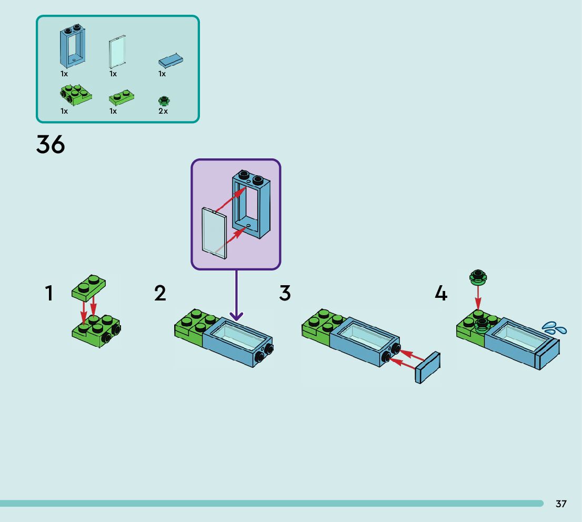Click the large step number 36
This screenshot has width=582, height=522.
pos(51,144)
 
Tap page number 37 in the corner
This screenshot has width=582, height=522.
pos(561,504)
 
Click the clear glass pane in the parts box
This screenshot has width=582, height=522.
pos(117,51)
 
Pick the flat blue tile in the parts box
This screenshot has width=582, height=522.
pos(171,61)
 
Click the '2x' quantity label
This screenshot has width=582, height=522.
pos(163,111)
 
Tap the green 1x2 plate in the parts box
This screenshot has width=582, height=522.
pos(121,98)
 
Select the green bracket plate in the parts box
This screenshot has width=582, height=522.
pos(75,94)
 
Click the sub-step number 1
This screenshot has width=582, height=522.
pos(49,294)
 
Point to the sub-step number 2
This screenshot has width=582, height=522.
pos(160,294)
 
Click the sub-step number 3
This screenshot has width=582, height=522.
pos(285,294)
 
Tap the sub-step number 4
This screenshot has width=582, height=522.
pos(441,294)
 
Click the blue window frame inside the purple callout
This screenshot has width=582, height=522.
pos(252,205)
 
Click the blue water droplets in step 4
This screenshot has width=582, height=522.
pos(555,328)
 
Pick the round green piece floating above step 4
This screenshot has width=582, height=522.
pos(478,276)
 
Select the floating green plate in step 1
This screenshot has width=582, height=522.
pos(88,288)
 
